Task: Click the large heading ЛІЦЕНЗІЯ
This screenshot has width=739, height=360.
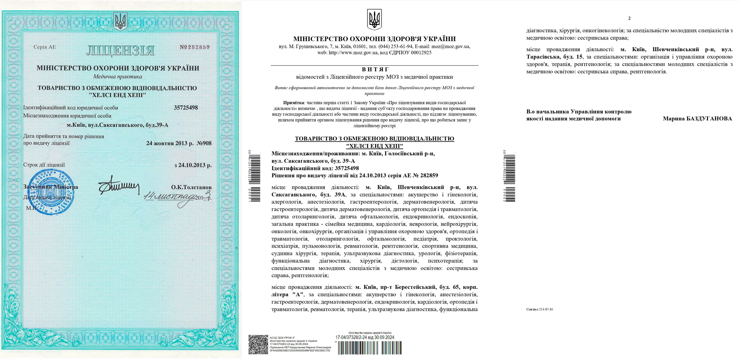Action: [120, 50]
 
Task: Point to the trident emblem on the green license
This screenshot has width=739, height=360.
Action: [120, 21]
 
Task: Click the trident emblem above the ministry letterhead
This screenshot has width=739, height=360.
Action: [374, 19]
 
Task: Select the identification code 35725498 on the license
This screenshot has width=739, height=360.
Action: [186, 108]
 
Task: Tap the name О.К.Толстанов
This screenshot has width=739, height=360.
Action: [191, 187]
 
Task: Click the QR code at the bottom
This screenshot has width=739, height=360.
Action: [258, 344]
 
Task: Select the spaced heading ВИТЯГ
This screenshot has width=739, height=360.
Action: [375, 70]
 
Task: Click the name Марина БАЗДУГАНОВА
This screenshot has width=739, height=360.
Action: [697, 119]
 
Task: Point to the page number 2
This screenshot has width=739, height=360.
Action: [629, 18]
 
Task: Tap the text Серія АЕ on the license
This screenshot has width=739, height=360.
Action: [45, 47]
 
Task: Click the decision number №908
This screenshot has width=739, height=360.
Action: [204, 143]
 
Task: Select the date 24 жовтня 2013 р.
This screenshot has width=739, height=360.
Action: [170, 143]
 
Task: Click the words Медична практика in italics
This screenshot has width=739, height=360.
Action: [118, 76]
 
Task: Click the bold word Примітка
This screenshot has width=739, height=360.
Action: [293, 103]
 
